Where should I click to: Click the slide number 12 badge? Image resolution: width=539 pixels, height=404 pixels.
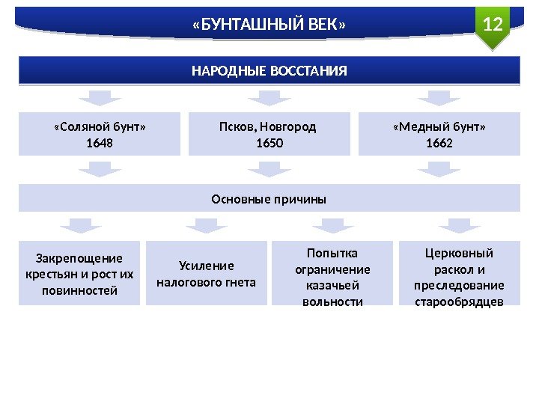(492, 25)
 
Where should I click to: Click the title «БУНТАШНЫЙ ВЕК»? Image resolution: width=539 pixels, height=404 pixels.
(269, 26)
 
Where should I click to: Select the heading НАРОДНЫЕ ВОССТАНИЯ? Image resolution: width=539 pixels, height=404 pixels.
(269, 71)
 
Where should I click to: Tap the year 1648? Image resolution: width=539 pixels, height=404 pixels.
(100, 141)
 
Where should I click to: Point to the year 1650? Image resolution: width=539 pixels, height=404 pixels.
(269, 141)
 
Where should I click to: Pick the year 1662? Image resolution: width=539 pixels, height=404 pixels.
(439, 141)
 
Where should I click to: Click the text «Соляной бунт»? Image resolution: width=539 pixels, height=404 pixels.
(100, 126)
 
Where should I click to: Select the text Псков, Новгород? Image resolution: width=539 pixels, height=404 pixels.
(269, 126)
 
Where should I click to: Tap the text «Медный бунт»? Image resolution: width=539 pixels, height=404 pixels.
(439, 126)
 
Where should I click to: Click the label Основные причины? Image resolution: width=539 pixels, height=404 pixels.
(269, 200)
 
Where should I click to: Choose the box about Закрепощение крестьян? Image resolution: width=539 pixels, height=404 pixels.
(79, 274)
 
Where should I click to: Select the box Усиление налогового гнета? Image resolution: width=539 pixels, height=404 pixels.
(206, 274)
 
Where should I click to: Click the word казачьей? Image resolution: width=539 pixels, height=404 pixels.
(332, 285)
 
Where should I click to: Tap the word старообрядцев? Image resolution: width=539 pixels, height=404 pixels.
(459, 302)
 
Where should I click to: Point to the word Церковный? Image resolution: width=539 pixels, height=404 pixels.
(459, 253)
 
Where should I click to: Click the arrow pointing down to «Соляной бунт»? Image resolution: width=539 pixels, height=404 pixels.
(100, 98)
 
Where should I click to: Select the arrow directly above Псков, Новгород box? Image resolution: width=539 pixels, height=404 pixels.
(269, 98)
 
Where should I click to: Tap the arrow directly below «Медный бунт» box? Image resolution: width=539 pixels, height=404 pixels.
(439, 171)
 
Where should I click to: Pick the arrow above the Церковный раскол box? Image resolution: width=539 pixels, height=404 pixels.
(459, 226)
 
